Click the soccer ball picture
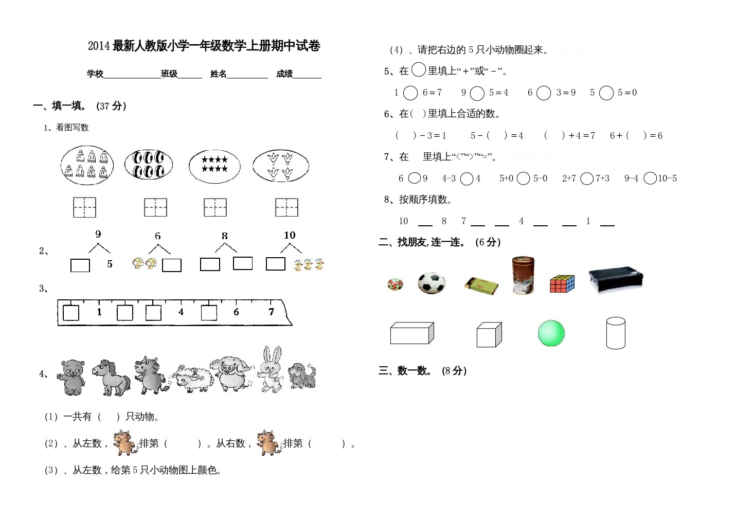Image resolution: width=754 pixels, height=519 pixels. tap(431, 283)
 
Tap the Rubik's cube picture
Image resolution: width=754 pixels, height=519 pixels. tap(562, 284)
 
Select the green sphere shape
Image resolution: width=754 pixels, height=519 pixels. tap(551, 333)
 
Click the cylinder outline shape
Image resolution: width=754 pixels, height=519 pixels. tap(616, 333)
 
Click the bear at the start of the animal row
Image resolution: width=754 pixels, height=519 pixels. tap(72, 377)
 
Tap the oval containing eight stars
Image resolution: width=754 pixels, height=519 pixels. tap(214, 166)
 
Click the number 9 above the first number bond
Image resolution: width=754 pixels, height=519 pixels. tap(98, 235)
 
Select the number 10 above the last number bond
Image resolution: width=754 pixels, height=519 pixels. tap(290, 235)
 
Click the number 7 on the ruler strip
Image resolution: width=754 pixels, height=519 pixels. tap(271, 312)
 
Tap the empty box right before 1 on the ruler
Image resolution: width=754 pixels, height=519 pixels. tap(71, 312)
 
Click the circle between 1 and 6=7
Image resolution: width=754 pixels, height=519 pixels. tap(410, 93)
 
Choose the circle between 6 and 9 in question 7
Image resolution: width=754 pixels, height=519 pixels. tap(414, 178)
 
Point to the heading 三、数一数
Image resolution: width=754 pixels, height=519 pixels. tap(405, 371)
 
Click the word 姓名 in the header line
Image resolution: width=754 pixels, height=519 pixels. tap(218, 74)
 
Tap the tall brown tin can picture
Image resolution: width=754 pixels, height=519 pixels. tap(523, 275)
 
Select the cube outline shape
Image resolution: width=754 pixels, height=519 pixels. tap(489, 335)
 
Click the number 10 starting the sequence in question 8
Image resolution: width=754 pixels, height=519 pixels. tap(403, 221)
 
